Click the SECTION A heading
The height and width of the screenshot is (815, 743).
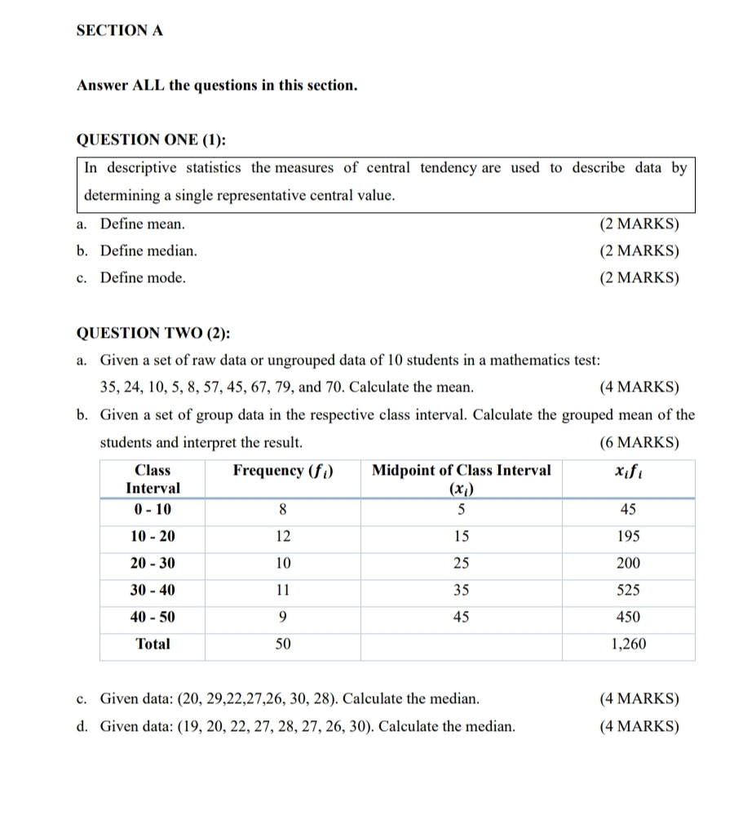tap(119, 31)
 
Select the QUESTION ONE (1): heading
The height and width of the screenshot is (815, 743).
tap(150, 140)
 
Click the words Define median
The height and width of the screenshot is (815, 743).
tap(148, 250)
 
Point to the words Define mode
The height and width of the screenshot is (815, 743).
tap(143, 277)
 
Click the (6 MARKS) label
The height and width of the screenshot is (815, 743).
tap(639, 443)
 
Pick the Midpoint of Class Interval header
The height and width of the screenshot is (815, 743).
tap(461, 470)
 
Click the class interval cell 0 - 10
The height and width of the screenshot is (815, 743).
tap(153, 510)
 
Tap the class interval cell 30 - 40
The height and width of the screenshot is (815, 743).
tap(153, 590)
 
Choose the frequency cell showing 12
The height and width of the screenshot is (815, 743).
tap(282, 537)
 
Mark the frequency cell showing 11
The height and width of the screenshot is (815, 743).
tap(282, 590)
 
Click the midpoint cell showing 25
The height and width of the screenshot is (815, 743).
tap(461, 563)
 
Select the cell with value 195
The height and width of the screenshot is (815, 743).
tap(628, 537)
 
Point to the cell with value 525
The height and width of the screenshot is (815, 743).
tap(628, 590)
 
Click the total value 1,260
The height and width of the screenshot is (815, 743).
tap(628, 644)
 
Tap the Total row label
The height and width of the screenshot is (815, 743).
tap(153, 644)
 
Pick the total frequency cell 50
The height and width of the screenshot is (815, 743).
tap(282, 644)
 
